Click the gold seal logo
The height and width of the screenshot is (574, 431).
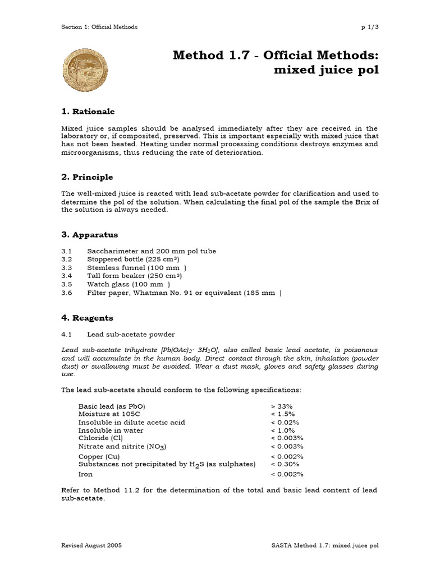(84, 70)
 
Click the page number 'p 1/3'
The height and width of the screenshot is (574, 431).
(369, 27)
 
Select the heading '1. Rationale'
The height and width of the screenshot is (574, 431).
(88, 112)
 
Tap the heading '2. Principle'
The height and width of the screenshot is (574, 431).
(87, 177)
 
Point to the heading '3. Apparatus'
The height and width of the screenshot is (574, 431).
(89, 235)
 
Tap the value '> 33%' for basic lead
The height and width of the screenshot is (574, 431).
(282, 406)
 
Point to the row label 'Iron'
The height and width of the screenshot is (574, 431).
(85, 474)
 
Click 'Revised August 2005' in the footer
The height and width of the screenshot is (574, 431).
(91, 545)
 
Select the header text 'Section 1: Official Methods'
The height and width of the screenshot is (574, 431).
(99, 27)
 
